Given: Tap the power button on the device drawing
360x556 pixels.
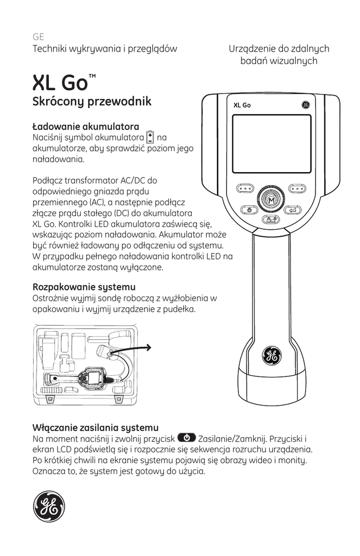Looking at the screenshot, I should click(x=248, y=210).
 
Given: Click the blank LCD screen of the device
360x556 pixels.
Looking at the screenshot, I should click(x=271, y=143).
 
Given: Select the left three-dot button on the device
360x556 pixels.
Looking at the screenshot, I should click(x=245, y=189).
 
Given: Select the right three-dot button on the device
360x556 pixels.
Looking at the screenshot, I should click(x=297, y=189).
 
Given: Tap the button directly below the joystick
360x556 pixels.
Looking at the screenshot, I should click(x=271, y=219).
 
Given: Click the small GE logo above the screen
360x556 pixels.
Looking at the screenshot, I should click(x=305, y=105).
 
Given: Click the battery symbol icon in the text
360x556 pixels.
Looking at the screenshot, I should click(x=151, y=137).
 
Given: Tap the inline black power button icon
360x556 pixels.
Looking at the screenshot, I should click(x=186, y=438).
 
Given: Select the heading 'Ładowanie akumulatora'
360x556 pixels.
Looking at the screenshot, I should click(x=86, y=127).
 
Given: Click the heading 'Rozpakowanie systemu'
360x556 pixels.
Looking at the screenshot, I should click(x=84, y=287).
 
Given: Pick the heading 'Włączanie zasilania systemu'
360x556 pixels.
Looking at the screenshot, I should click(x=96, y=427).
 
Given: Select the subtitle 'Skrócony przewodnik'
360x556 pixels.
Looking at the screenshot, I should click(x=92, y=102).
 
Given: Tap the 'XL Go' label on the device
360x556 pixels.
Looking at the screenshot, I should click(x=242, y=105).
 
